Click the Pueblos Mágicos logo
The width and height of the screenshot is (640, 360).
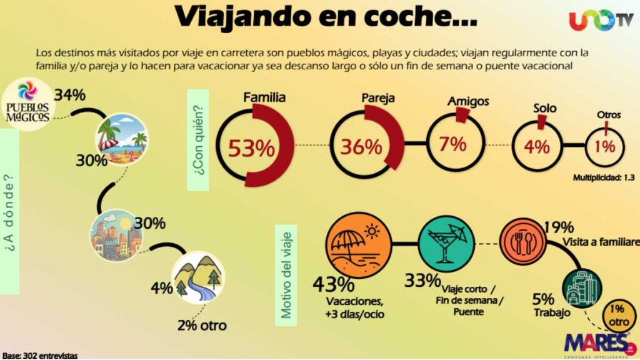(27, 104)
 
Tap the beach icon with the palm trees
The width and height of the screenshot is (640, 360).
(121, 138)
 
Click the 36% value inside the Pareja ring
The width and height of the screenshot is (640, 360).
(361, 147)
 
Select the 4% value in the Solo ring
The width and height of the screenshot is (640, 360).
(537, 147)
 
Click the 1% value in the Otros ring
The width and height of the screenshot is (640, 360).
(604, 147)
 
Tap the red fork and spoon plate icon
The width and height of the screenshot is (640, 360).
(524, 242)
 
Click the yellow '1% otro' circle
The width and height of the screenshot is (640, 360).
(616, 315)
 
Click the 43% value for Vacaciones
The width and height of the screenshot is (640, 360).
(334, 285)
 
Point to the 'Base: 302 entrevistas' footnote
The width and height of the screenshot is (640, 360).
(39, 355)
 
